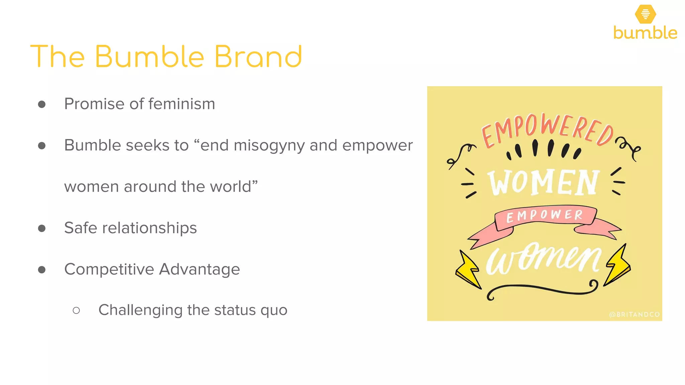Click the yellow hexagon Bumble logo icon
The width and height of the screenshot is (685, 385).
tap(645, 14)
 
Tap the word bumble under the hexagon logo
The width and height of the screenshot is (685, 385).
tap(645, 33)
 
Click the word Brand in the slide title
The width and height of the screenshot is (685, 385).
tap(258, 56)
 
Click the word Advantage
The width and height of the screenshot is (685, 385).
tap(200, 269)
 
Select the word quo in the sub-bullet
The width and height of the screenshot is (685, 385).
tap(274, 310)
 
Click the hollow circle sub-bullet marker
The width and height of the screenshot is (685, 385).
tap(76, 310)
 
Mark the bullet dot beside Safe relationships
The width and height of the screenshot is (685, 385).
tap(42, 228)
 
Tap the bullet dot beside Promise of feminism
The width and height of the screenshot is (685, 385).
tap(42, 104)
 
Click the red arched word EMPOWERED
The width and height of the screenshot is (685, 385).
tap(547, 130)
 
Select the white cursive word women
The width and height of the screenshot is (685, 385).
tap(543, 259)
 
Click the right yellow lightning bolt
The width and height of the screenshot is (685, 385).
tap(618, 266)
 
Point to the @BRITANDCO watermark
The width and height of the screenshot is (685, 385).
tap(634, 314)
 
